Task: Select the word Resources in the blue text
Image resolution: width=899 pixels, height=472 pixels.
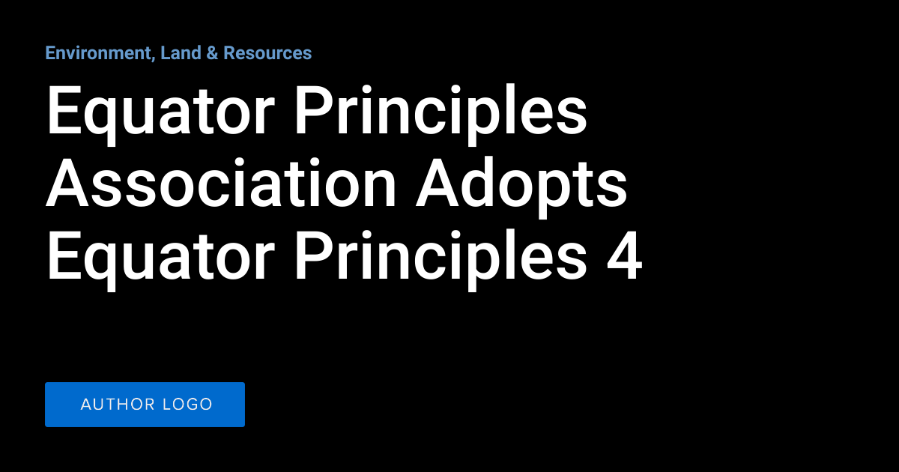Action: [x=267, y=53]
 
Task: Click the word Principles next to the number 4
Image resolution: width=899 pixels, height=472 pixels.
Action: [x=440, y=257]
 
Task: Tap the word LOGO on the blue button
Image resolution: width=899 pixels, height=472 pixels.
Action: [x=188, y=405]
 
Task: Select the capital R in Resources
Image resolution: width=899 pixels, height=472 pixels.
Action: [x=229, y=53]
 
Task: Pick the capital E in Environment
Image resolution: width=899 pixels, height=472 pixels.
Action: [x=50, y=53]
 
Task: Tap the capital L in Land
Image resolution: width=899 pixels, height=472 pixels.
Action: [x=165, y=53]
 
